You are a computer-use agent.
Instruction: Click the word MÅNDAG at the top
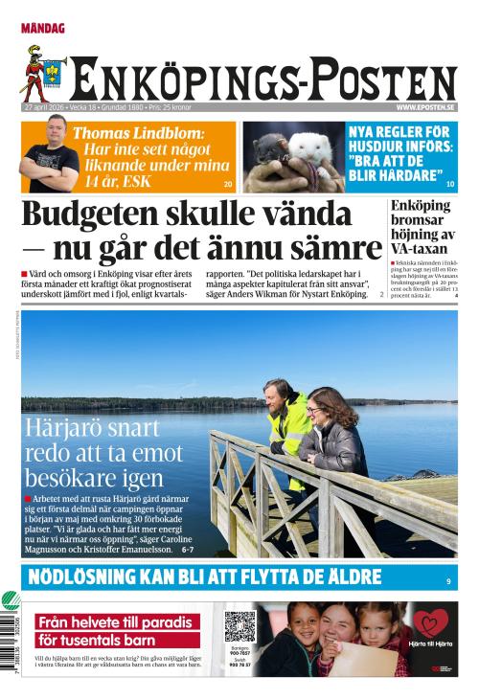point(43,29)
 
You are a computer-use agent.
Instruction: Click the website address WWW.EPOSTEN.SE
point(425,107)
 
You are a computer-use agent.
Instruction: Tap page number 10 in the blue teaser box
point(449,183)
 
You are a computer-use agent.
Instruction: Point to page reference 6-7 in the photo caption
point(187,550)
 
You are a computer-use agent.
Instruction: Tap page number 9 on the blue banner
point(447,581)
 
